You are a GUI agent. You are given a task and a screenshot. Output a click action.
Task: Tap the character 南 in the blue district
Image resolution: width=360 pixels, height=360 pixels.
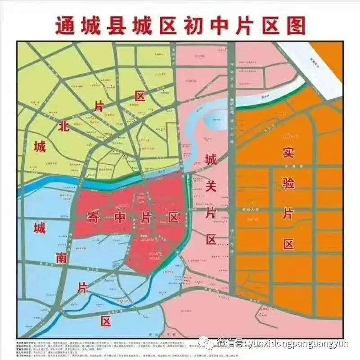click(62, 258)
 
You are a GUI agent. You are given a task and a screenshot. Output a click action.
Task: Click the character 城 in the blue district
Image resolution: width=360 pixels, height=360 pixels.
click(40, 229)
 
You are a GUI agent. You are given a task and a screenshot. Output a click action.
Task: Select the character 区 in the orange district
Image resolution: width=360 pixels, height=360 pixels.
click(288, 244)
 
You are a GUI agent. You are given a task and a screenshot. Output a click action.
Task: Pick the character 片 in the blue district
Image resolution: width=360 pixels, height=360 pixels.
click(83, 287)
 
